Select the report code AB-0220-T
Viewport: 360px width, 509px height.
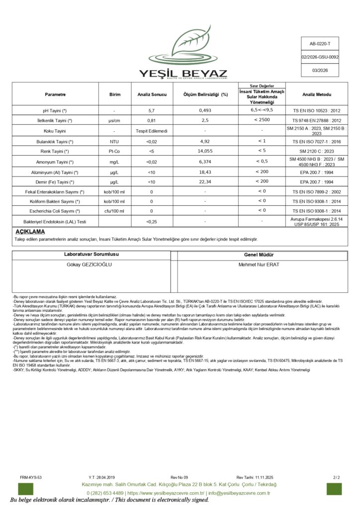click(x=320, y=44)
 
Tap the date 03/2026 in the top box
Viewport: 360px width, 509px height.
click(x=320, y=71)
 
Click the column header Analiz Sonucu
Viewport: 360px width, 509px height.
click(x=152, y=94)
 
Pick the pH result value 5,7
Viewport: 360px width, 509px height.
click(x=152, y=110)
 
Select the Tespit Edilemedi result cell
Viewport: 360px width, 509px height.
click(x=152, y=131)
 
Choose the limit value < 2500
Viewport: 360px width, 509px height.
click(x=262, y=120)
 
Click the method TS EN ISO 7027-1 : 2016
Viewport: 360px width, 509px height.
click(x=317, y=141)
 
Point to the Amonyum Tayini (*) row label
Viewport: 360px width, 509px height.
click(x=55, y=162)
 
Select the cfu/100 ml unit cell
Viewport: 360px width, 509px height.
click(x=114, y=211)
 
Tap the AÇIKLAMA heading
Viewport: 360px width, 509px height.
click(x=30, y=232)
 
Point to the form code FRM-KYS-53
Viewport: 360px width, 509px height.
click(x=31, y=477)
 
